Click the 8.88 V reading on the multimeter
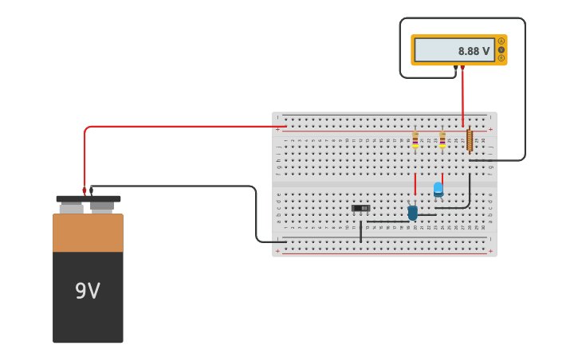point(474,51)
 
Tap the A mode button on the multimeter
point(501,41)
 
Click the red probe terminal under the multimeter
point(462,69)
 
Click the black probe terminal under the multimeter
point(455,69)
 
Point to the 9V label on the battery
point(88,292)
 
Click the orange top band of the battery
point(88,233)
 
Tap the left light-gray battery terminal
point(71,207)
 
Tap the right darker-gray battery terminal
point(102,206)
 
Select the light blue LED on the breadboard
point(438,189)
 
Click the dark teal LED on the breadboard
point(412,212)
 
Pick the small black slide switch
point(361,209)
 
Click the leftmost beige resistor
point(415,140)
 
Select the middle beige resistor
point(442,140)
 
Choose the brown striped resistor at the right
point(470,141)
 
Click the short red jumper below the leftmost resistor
point(415,184)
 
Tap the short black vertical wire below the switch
point(360,232)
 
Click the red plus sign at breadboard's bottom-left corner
point(277,251)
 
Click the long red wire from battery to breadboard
point(183,126)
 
